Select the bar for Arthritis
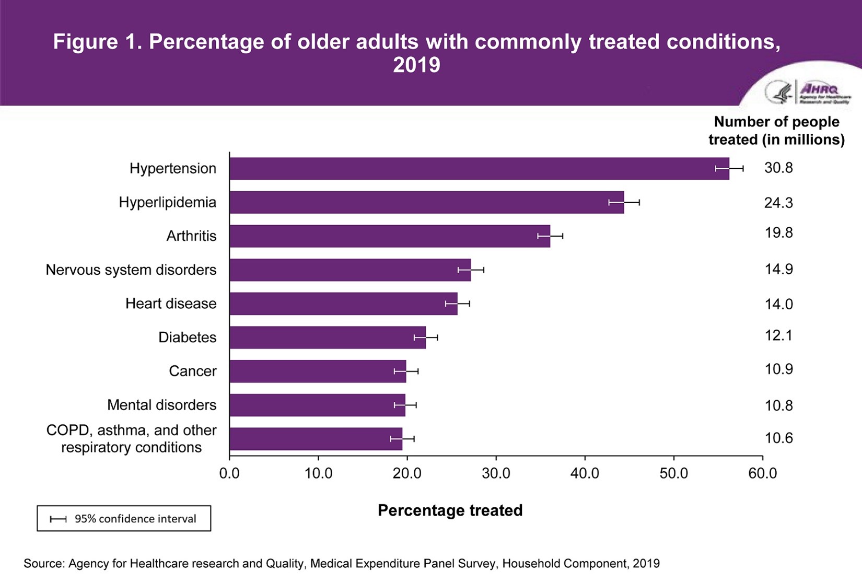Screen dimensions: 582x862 tap(390, 236)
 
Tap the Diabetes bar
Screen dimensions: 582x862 tap(328, 337)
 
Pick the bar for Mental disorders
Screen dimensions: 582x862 tap(317, 405)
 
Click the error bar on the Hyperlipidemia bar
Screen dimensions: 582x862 tap(624, 203)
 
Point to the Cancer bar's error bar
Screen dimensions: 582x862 tap(406, 371)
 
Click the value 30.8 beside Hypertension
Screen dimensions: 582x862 tap(778, 168)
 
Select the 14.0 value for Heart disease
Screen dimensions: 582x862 tap(778, 304)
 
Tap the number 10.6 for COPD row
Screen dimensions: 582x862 tap(778, 438)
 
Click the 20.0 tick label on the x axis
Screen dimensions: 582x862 tap(407, 474)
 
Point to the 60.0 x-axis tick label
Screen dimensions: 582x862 tap(762, 474)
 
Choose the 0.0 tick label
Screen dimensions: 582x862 tap(229, 474)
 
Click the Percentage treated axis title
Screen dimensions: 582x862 tap(450, 510)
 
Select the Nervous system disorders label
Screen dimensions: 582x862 tap(131, 270)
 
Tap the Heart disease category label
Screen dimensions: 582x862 tap(171, 304)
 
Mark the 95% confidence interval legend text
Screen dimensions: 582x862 tap(135, 519)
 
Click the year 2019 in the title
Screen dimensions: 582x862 tap(416, 65)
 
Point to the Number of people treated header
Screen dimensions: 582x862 tap(776, 131)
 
